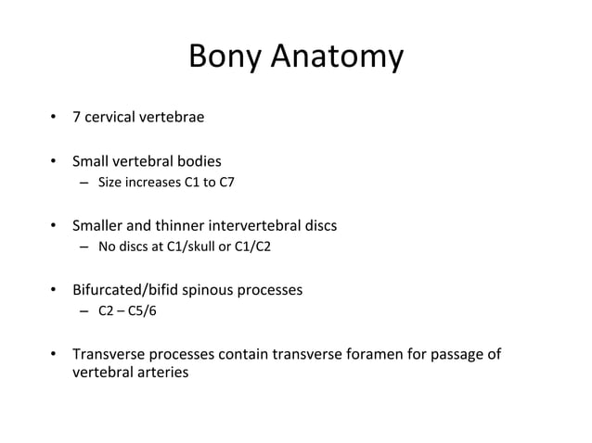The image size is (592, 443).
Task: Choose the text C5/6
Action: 142,311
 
